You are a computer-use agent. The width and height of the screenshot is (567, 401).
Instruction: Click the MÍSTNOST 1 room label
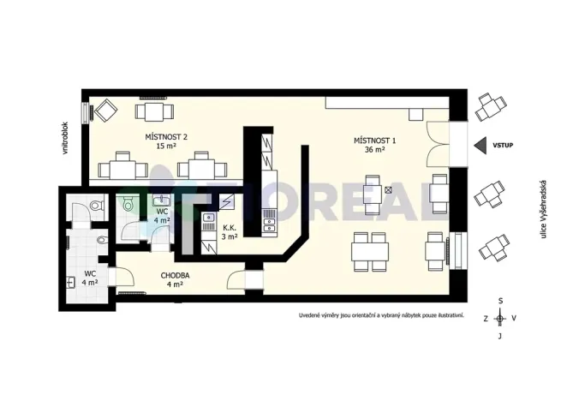[374, 141]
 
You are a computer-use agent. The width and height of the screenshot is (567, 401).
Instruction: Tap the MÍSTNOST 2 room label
[166, 137]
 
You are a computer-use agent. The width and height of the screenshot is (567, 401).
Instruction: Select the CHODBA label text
[175, 276]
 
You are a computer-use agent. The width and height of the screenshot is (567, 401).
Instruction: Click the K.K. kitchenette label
[230, 228]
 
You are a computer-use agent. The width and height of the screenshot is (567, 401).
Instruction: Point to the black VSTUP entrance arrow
[481, 146]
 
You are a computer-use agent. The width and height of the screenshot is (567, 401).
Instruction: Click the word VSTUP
[503, 146]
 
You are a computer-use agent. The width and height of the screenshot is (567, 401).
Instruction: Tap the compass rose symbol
[500, 319]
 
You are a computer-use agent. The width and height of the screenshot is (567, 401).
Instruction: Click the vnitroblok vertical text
[65, 138]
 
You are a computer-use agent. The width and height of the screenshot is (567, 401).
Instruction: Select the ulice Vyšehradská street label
[543, 209]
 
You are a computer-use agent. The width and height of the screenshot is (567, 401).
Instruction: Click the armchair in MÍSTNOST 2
[105, 111]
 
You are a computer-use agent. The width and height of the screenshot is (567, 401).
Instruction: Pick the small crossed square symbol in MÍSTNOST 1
[388, 189]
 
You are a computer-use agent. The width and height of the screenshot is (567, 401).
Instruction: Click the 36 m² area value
[374, 149]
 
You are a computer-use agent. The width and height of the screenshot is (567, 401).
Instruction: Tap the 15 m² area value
[166, 147]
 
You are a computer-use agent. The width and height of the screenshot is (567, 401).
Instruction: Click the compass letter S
[500, 301]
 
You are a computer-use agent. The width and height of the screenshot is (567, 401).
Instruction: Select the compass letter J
[500, 336]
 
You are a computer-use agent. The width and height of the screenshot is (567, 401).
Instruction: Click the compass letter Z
[486, 319]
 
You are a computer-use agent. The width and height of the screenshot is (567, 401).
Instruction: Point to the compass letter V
[514, 319]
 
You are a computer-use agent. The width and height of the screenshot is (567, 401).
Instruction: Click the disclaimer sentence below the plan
[381, 315]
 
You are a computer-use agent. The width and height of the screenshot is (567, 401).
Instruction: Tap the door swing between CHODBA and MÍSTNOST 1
[236, 278]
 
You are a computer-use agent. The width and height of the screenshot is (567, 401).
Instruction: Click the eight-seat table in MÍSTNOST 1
[370, 252]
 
